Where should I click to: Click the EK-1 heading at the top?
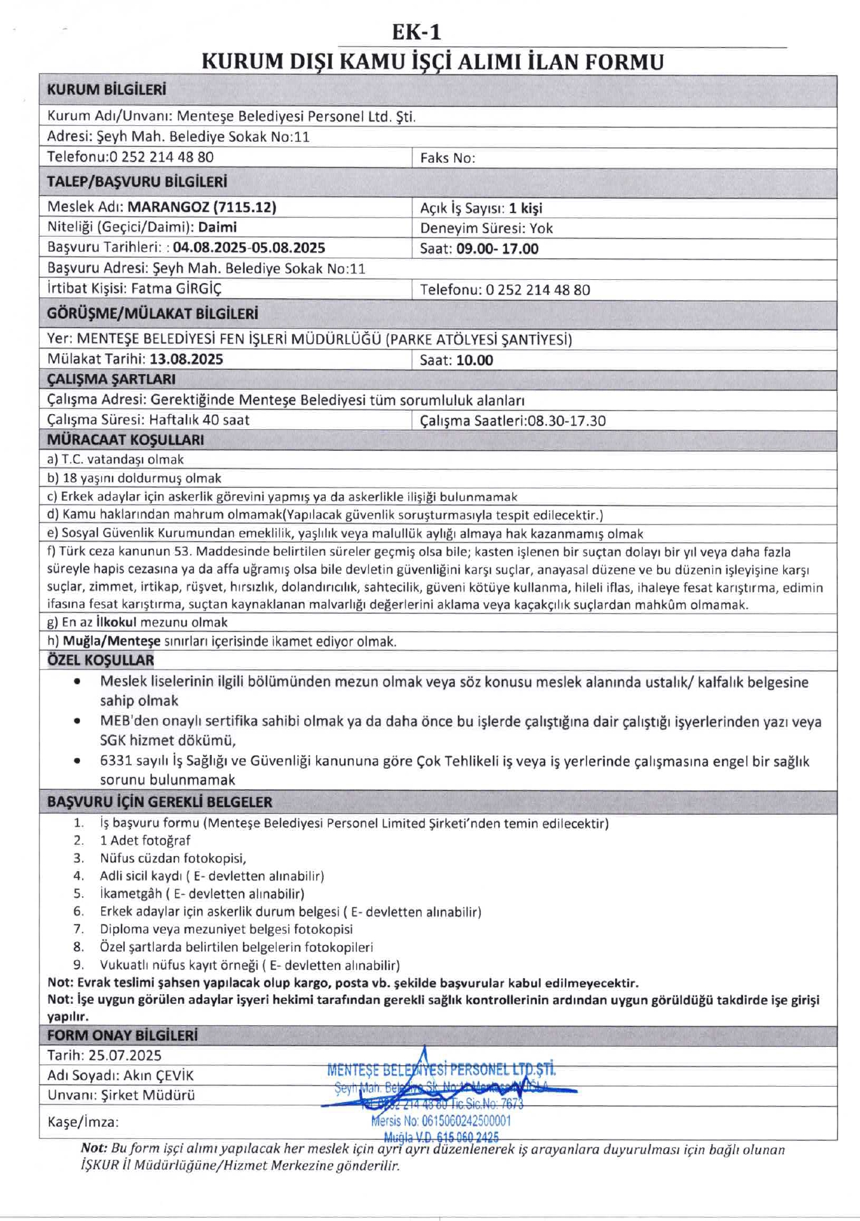(416, 32)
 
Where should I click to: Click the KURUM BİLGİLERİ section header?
(106, 90)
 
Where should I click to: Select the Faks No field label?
(447, 158)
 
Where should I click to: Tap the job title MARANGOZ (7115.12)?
(202, 207)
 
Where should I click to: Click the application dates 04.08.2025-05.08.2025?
(249, 247)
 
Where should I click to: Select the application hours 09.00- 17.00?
(497, 249)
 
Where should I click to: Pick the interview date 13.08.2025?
(186, 359)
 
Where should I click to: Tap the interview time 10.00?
(475, 361)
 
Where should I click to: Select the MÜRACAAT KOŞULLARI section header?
(125, 439)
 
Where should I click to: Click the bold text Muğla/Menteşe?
(111, 641)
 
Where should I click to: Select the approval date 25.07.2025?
(125, 1055)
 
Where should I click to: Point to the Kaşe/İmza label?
(83, 1122)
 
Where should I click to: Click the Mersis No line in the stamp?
(441, 1121)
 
